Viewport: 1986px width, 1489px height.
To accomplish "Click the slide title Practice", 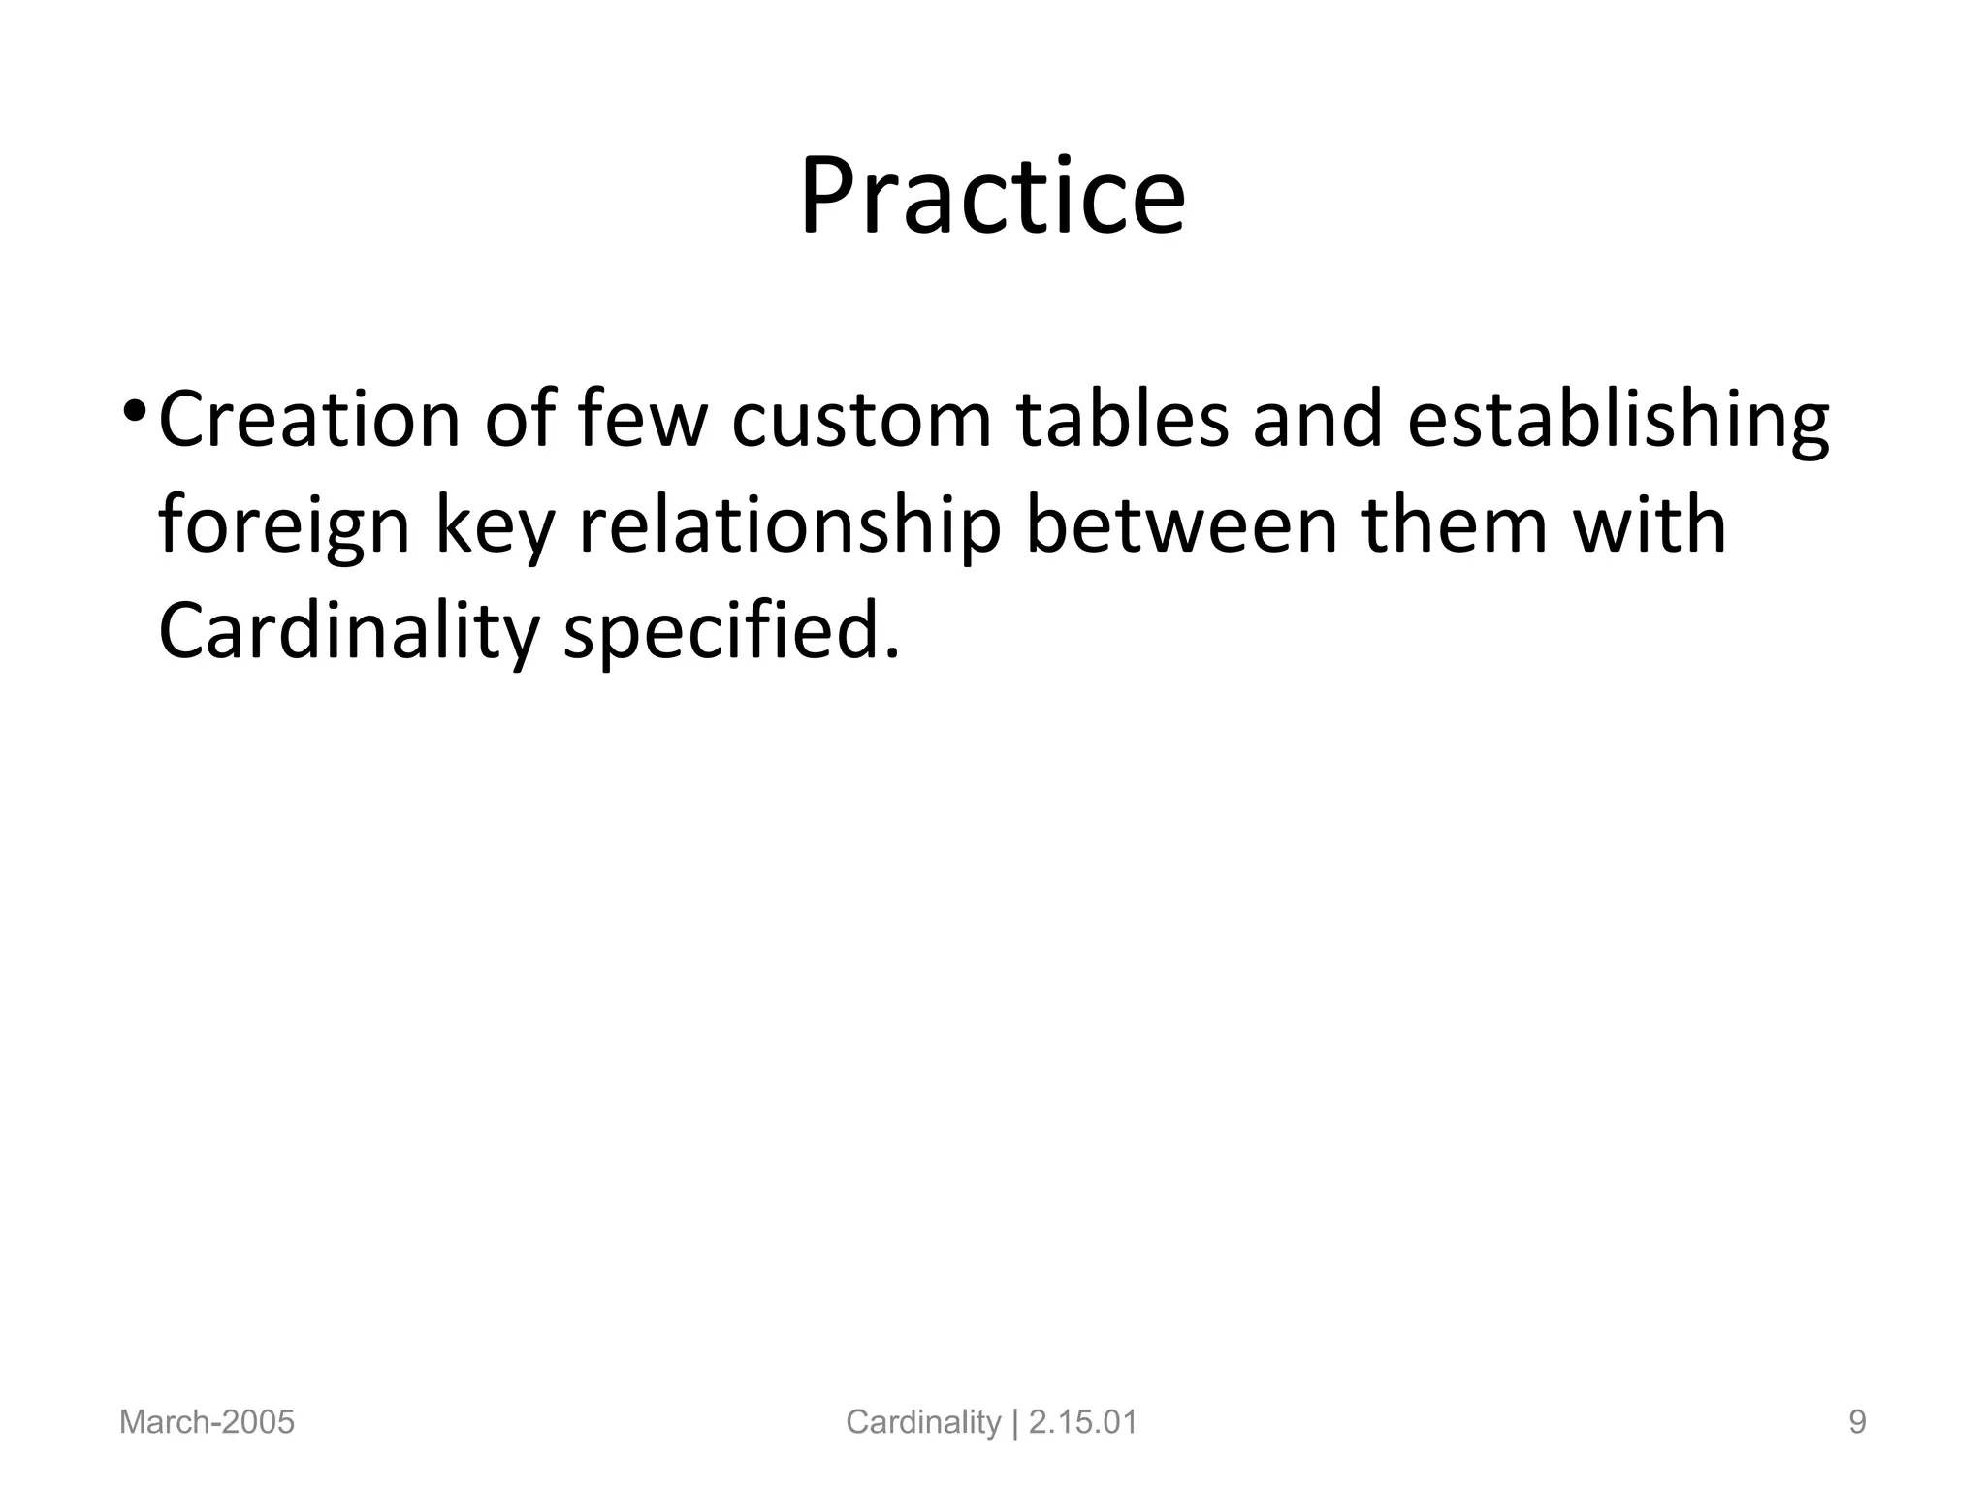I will click(992, 197).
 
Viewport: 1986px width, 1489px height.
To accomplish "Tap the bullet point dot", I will click(133, 413).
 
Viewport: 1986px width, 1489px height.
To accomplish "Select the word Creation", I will click(309, 420).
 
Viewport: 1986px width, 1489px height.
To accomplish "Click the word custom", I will click(862, 420).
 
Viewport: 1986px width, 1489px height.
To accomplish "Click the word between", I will click(1181, 525).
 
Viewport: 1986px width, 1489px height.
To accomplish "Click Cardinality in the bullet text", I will click(348, 633).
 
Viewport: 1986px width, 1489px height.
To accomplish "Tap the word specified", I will click(732, 633).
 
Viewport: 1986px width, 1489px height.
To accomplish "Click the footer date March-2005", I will click(207, 1422).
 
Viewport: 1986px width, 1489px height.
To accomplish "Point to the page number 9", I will click(1857, 1422).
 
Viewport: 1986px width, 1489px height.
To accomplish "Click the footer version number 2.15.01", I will click(1082, 1422).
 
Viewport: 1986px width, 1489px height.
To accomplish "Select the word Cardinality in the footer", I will click(922, 1422).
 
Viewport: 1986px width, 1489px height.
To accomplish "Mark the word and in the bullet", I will click(1317, 420).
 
